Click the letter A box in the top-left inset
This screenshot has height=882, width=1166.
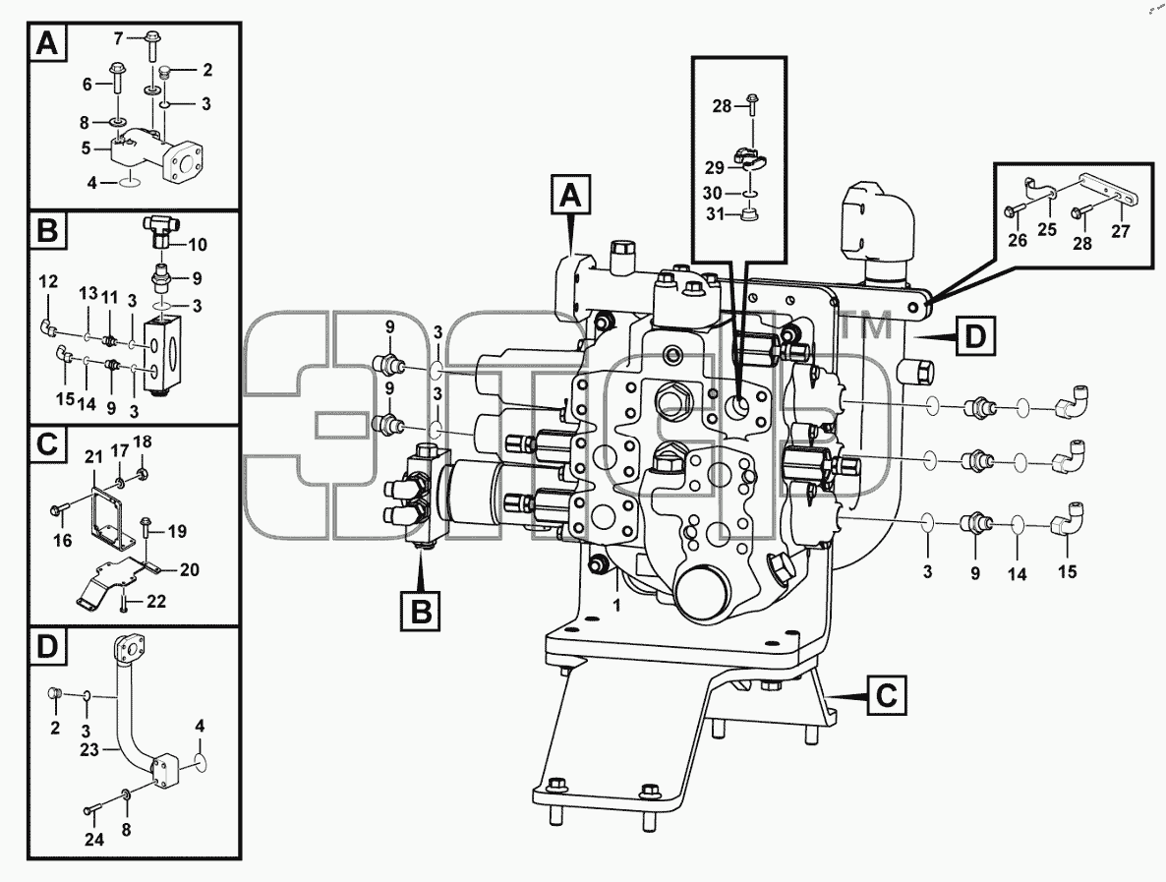46,44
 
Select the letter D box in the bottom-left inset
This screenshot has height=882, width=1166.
46,646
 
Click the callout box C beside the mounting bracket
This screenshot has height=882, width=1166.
887,696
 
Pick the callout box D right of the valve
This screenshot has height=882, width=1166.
974,337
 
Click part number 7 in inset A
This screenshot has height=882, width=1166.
118,37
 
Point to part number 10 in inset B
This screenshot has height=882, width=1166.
197,245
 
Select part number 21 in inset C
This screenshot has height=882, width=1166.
93,456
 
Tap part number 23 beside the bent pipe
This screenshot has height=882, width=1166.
89,749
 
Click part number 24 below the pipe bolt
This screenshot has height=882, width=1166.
93,839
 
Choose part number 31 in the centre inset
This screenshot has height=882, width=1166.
715,215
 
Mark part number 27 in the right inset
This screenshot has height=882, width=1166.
1121,231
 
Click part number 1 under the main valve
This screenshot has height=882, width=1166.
616,606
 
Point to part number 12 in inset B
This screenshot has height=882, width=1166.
48,282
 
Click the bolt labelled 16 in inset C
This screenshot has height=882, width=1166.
60,509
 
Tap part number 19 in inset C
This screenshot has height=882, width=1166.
177,531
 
